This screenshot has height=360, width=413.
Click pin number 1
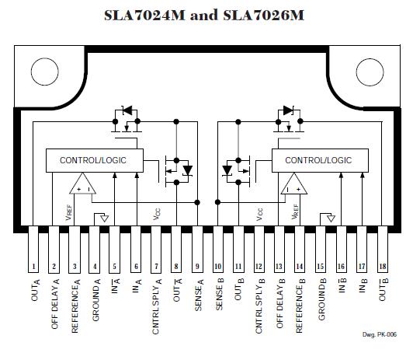33,267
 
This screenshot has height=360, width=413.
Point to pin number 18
383,267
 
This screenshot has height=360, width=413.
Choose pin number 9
197,267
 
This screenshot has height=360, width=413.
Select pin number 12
259,267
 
